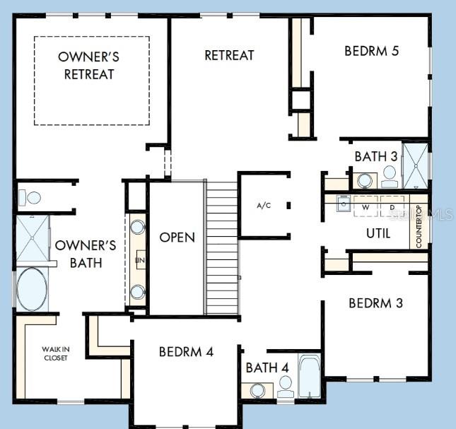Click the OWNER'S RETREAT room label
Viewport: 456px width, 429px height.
coord(89,65)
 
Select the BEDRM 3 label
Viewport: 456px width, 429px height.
coord(375,303)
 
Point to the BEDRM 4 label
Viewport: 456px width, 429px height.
coord(186,351)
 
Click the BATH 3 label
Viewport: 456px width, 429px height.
coord(375,156)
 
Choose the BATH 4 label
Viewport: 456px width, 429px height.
coord(267,368)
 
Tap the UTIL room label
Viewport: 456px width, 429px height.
coord(378,233)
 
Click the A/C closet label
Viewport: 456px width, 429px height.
coord(264,206)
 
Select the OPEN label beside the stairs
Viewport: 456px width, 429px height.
coord(177,237)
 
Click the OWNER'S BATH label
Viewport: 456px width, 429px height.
coord(79,254)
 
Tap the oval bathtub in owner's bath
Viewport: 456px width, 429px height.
coord(33,289)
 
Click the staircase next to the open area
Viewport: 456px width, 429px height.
coord(222,247)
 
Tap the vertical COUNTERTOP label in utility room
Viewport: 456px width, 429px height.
coord(419,226)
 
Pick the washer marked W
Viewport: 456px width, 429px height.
coord(366,207)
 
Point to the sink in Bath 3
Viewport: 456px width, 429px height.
coord(366,181)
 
